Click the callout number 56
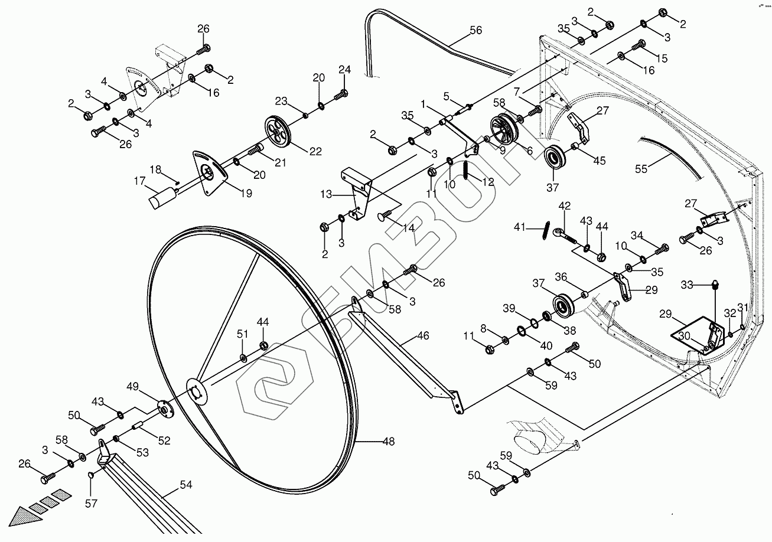point(475,31)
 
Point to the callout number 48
point(387,441)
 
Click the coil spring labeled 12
point(467,171)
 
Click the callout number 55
point(641,168)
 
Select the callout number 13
point(327,193)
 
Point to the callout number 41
point(519,226)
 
